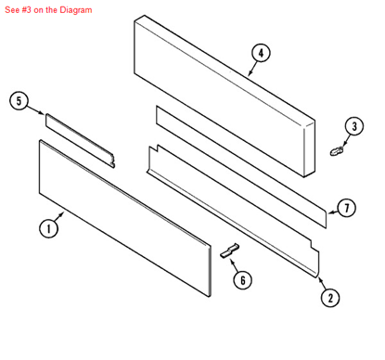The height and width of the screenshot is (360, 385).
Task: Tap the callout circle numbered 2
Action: tap(328, 297)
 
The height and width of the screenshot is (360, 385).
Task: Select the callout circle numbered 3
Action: tap(354, 126)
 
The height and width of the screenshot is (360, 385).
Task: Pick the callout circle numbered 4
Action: tap(262, 53)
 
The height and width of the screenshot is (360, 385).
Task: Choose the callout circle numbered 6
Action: tap(241, 278)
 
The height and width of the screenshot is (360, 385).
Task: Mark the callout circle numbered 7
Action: tap(346, 208)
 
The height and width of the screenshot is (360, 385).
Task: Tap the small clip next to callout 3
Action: tap(337, 148)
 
